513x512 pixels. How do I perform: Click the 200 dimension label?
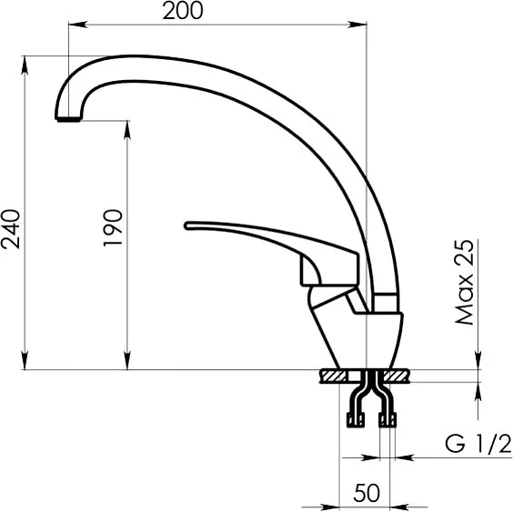coord(183,11)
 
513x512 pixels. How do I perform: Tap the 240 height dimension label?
coord(11,228)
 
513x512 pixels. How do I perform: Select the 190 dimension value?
coord(113,227)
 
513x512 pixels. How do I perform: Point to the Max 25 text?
coord(465,282)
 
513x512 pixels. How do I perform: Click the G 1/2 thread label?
coord(478,444)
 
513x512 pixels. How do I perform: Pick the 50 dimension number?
coord(367,493)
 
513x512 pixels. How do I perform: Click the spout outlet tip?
coord(68,119)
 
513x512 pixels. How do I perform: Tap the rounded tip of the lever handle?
coord(187,226)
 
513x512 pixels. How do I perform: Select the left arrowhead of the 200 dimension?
coord(78,25)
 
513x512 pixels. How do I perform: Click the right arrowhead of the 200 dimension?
coord(357,25)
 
